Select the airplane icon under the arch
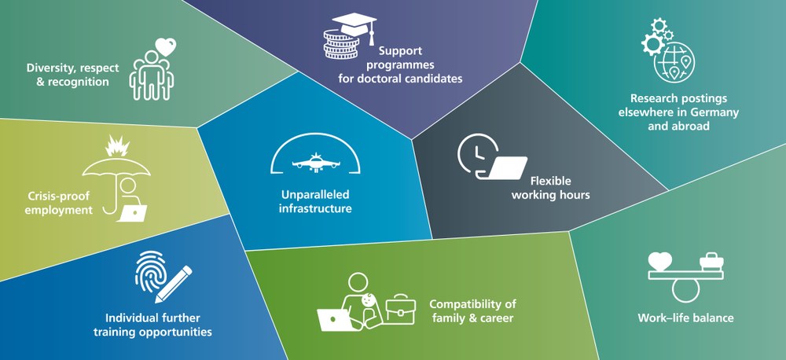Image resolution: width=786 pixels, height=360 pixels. (315, 163)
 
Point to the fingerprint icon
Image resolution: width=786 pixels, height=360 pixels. (150, 271)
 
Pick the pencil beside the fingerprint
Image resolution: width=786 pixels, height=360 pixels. (174, 285)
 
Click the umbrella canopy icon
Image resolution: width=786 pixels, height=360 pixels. (116, 167)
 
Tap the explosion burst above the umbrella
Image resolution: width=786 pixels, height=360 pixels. (117, 145)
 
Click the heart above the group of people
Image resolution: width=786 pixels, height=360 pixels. (165, 47)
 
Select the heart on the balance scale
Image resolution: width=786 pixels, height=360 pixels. (659, 261)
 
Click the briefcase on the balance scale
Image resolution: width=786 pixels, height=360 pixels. (711, 262)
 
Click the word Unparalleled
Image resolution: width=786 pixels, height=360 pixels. (315, 194)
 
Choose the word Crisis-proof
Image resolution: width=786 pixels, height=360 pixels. (53, 196)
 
